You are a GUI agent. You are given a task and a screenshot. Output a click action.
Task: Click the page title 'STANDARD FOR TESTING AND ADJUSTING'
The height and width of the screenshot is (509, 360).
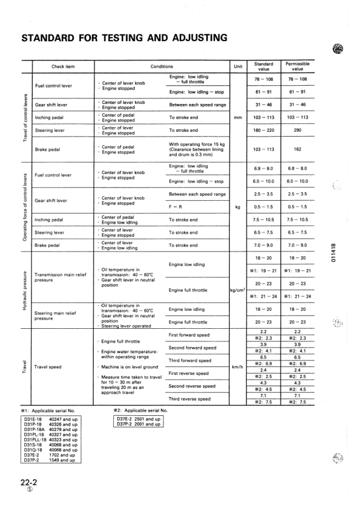pos(124,39)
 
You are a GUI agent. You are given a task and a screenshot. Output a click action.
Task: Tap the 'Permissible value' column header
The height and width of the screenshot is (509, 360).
pos(298,66)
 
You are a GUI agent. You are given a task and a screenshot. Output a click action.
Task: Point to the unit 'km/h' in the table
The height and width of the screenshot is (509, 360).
pos(237,366)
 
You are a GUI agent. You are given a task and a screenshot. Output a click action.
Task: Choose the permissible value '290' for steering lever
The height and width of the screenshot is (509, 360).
pos(298,130)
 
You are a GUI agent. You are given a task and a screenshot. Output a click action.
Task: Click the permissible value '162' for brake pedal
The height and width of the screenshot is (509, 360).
pos(298,149)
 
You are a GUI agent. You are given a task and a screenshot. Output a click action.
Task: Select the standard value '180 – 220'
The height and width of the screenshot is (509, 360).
pos(263,130)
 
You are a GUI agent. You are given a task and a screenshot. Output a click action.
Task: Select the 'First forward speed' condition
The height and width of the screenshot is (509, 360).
pos(189,334)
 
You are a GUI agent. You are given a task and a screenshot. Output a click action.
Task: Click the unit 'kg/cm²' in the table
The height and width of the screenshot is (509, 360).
pos(237,290)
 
